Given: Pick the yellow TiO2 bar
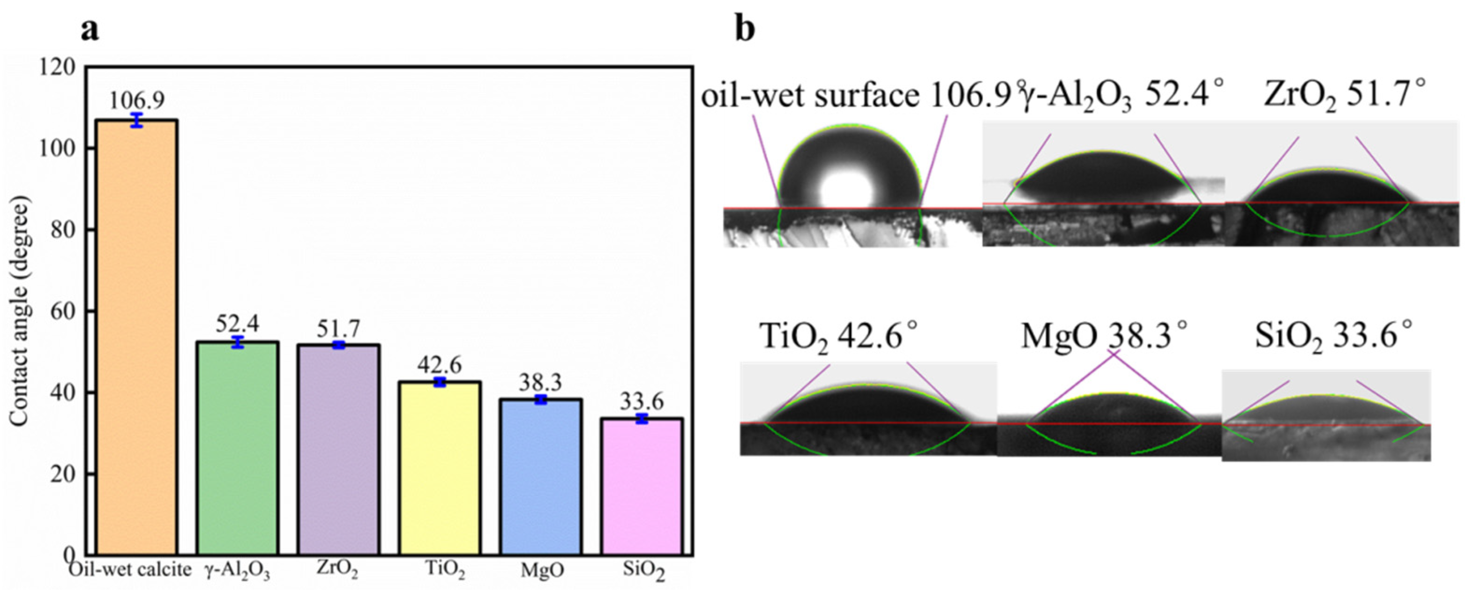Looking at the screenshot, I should click(x=440, y=468).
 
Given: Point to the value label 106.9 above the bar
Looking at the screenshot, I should click(x=137, y=100).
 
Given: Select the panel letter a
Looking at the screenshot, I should click(x=90, y=29).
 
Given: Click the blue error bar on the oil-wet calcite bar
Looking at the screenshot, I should click(x=137, y=121).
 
